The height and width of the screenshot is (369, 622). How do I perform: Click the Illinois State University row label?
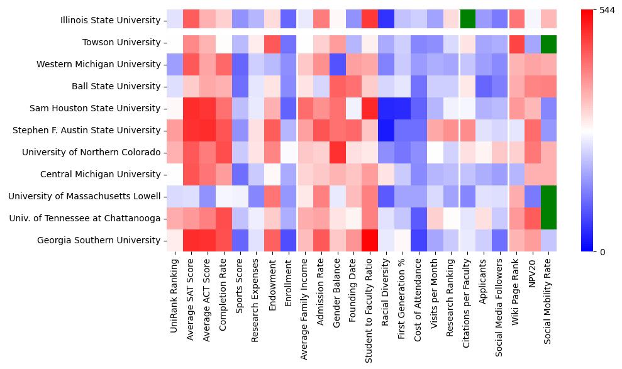(x=110, y=20)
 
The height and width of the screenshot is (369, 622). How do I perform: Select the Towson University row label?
(x=121, y=42)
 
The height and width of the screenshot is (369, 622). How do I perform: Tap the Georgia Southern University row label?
(x=99, y=240)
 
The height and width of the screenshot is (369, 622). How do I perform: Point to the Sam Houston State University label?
(x=95, y=108)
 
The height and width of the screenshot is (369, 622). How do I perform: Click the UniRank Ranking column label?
(x=175, y=289)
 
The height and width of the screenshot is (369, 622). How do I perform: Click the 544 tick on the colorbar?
(x=608, y=11)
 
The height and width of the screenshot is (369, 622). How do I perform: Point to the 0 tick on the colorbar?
(x=603, y=251)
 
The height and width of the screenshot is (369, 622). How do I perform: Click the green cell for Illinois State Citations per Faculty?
(x=467, y=20)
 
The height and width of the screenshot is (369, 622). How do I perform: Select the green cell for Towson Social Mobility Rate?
(x=548, y=42)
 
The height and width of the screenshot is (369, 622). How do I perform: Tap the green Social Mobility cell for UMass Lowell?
(x=548, y=196)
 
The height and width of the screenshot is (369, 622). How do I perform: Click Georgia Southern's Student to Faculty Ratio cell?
(x=369, y=240)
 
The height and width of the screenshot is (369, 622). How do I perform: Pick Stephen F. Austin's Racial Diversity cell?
(x=385, y=130)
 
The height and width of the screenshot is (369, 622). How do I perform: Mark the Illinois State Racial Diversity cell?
(x=385, y=20)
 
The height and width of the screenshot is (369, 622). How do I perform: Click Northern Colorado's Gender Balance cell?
(x=336, y=152)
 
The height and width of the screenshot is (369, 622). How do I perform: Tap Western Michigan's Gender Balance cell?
(x=336, y=64)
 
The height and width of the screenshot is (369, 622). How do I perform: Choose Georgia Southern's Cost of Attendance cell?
(x=418, y=240)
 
